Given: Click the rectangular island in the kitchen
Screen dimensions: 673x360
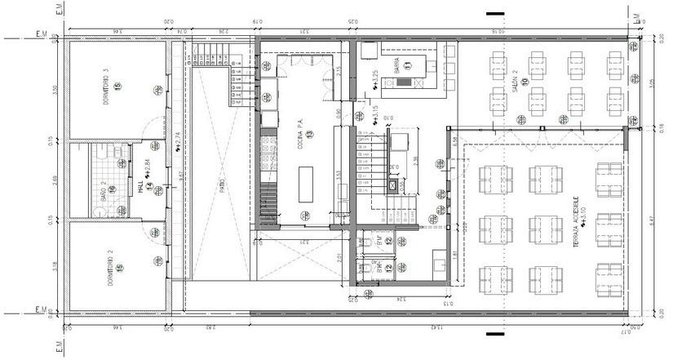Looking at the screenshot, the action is [x=306, y=179].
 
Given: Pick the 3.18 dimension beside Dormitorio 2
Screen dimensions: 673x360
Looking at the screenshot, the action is [x=55, y=267].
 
